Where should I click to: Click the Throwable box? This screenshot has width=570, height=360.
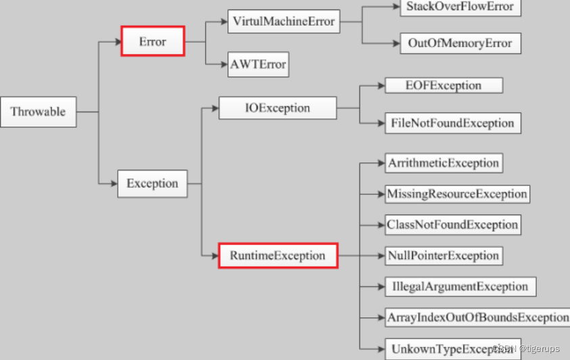38,112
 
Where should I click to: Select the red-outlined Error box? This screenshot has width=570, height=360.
152,42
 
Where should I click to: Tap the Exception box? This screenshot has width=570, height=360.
152,183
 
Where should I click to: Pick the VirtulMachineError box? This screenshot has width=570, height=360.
283,22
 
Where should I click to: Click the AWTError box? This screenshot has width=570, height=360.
258,66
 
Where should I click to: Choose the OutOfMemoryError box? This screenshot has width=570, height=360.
460,44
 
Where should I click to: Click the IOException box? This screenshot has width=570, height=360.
278,108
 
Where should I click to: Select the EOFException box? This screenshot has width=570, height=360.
443,85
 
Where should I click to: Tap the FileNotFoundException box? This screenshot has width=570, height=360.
452,123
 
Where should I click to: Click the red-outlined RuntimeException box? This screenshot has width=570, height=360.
278,256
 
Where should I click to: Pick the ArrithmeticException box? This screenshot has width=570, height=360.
443,163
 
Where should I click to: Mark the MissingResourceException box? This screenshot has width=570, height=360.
457,194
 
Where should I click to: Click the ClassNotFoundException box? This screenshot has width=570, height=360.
452,225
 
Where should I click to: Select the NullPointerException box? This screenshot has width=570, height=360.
443,256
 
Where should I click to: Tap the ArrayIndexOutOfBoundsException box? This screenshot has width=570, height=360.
477,317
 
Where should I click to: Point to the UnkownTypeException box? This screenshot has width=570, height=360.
452,349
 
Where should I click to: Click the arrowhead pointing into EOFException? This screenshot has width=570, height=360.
380,85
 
